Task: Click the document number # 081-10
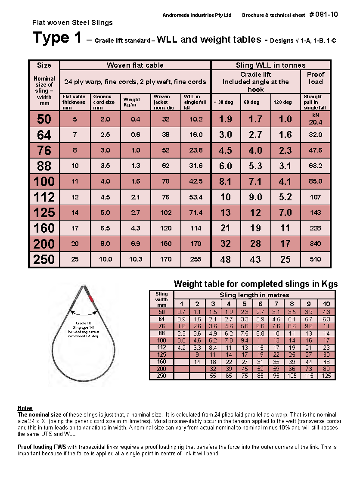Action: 323,15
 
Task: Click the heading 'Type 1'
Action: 57,38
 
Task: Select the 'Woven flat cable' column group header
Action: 135,65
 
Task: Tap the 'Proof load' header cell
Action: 315,78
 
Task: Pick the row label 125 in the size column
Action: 44,213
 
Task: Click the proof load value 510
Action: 315,259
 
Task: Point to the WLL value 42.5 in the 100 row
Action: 196,181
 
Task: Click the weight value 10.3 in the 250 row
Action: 136,259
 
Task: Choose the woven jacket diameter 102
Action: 166,213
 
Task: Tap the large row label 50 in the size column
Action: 44,119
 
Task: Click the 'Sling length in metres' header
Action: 254,295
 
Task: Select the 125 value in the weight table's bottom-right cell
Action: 327,376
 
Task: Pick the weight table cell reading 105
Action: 292,376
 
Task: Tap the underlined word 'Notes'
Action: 25,408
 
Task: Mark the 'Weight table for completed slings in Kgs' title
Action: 255,284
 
